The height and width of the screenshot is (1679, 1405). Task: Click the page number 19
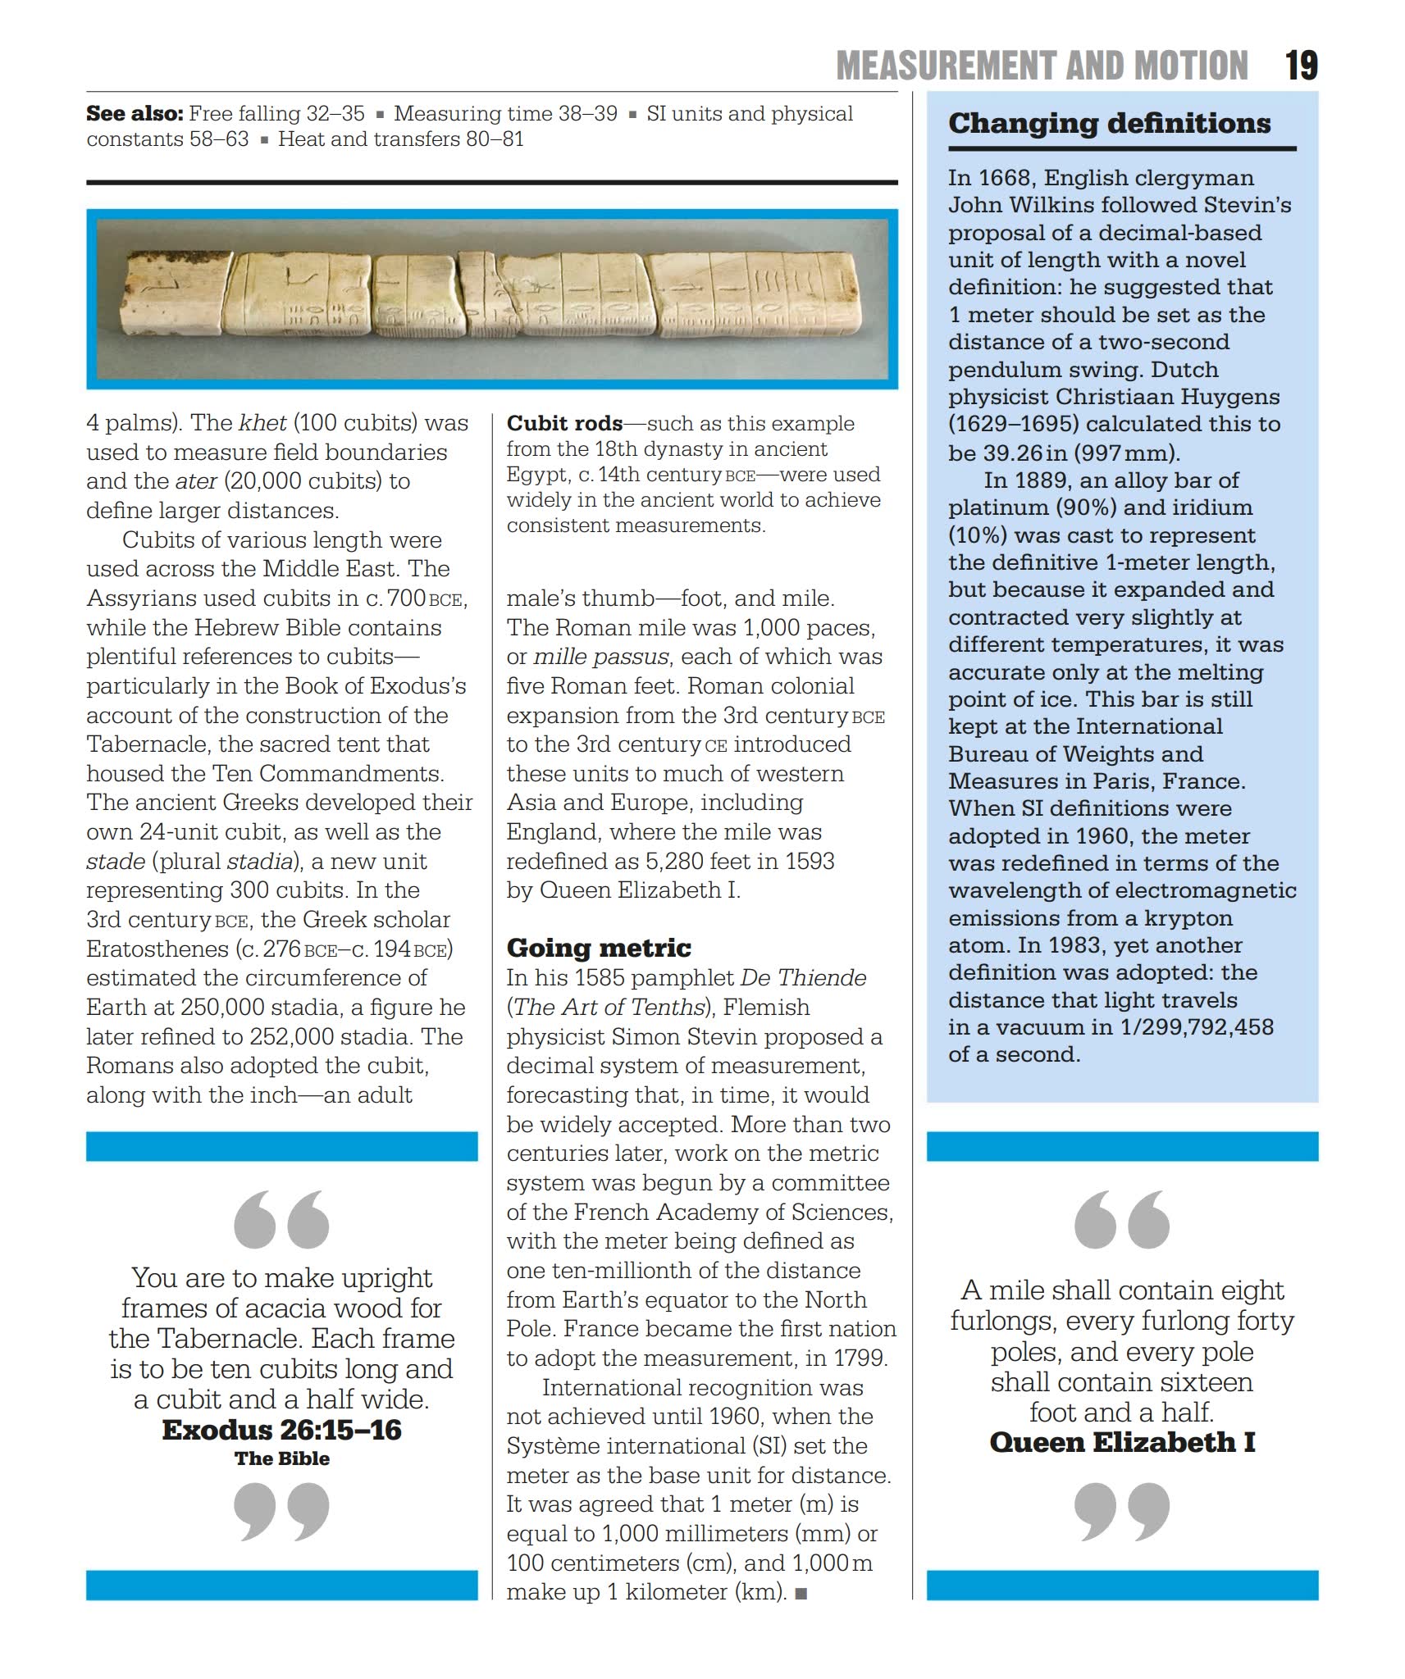[x=1301, y=66]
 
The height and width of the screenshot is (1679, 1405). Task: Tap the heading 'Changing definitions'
[x=1109, y=124]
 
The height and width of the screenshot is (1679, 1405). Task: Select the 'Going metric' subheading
[x=599, y=948]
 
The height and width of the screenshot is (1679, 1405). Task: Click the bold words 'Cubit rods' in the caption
[x=564, y=424]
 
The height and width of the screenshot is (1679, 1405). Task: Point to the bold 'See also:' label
[x=135, y=114]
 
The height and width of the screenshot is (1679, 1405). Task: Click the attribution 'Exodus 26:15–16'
[x=281, y=1431]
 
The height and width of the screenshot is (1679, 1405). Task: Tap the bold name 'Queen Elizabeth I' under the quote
[x=1122, y=1442]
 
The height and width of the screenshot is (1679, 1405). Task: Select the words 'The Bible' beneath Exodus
[x=281, y=1458]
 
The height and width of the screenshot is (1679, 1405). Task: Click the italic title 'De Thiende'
[x=803, y=978]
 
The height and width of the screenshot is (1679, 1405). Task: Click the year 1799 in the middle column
[x=858, y=1358]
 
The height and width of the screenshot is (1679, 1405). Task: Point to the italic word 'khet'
[x=262, y=423]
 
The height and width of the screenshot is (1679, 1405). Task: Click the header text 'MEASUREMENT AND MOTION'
[x=1042, y=66]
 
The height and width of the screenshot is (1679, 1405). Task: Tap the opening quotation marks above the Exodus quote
[x=281, y=1219]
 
